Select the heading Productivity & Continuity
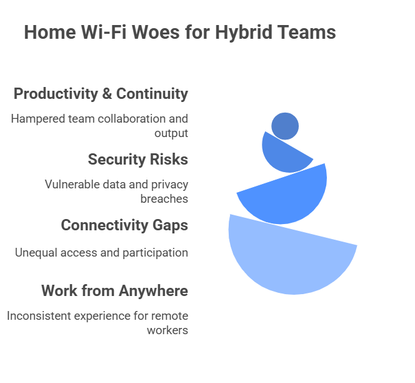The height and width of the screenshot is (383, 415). [x=101, y=94]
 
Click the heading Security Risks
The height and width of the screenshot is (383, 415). [x=137, y=160]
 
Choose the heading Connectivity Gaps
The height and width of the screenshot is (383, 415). [x=124, y=225]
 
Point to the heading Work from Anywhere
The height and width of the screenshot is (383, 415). [x=114, y=291]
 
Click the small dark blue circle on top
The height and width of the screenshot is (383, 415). [x=285, y=126]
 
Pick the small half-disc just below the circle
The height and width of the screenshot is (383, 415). [x=282, y=156]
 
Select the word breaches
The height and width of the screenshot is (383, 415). [x=164, y=199]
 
